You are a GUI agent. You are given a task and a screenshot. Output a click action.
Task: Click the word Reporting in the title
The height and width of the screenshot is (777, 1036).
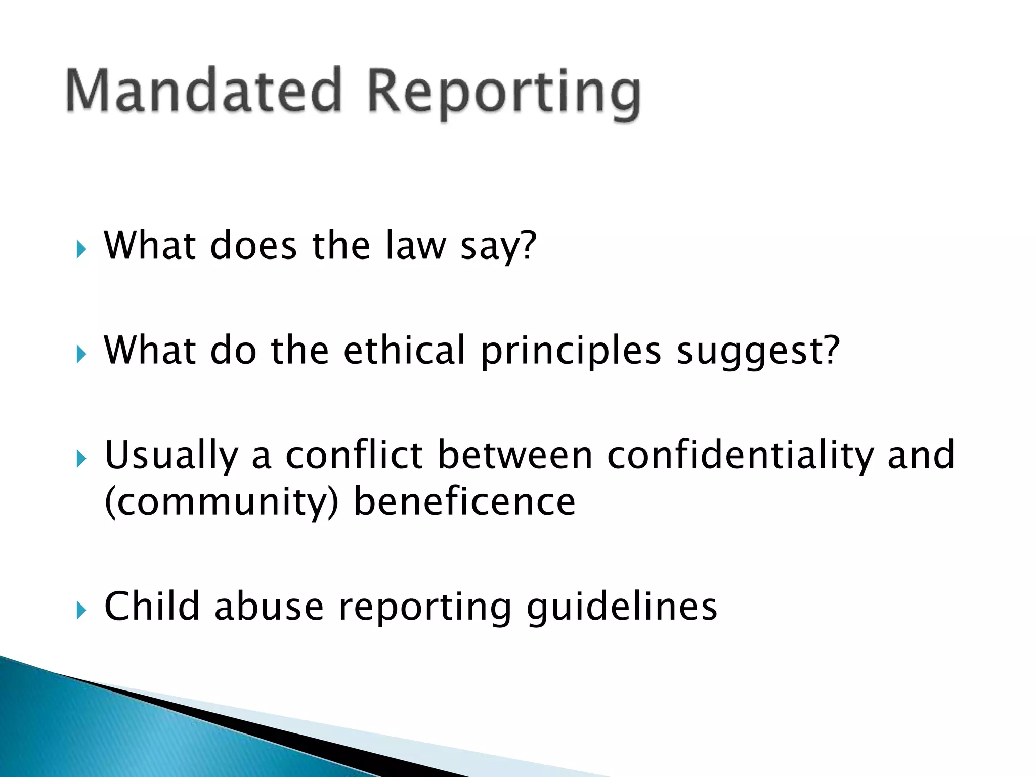point(503,94)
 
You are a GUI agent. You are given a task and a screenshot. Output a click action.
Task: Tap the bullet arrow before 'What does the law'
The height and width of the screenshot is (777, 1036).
point(81,249)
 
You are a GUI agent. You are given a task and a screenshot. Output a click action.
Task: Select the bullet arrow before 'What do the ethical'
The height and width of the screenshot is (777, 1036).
point(81,354)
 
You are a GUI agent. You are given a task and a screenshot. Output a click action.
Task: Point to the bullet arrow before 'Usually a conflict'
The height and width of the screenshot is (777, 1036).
point(81,458)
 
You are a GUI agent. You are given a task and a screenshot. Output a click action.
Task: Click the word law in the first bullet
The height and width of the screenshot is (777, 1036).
point(415,246)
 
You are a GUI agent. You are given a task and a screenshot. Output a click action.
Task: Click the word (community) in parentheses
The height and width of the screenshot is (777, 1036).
point(221,503)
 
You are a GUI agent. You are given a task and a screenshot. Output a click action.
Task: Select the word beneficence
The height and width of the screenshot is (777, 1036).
point(464,502)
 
